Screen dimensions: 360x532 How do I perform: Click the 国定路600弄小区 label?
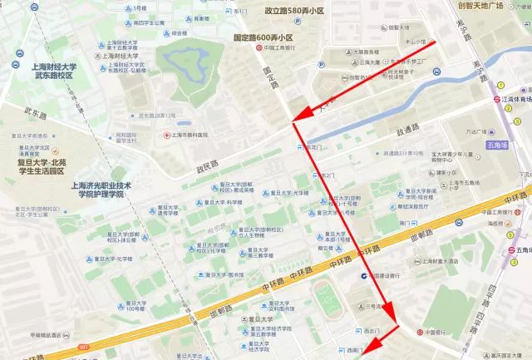[x=264, y=37]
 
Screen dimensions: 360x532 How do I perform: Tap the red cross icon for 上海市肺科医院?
[x=167, y=134]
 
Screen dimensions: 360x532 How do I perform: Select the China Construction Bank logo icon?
[x=363, y=276]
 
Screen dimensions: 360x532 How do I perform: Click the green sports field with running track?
[x=327, y=296]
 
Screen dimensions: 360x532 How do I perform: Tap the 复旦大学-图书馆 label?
[x=219, y=275]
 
